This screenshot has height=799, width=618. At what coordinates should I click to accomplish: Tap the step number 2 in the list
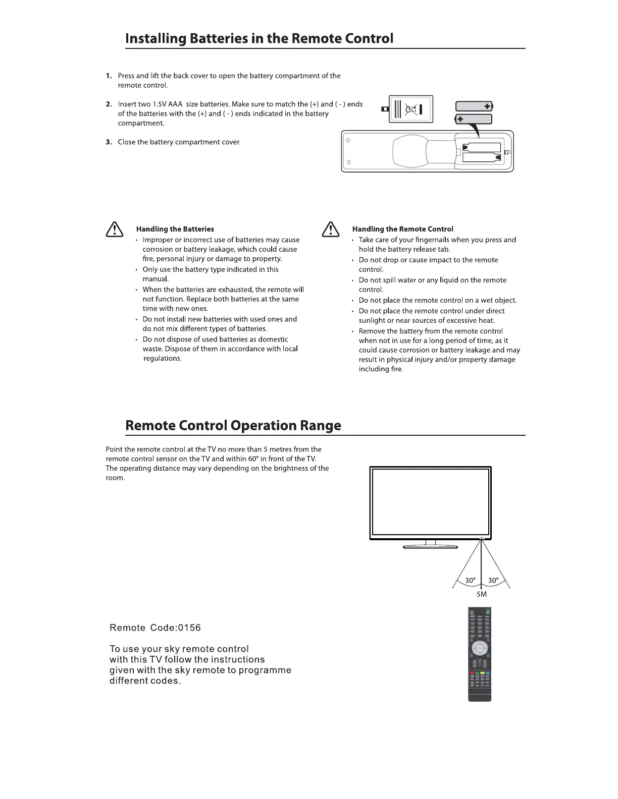[109, 104]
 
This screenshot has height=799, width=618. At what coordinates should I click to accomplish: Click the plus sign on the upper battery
[487, 106]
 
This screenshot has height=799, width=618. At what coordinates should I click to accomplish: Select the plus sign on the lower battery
[460, 120]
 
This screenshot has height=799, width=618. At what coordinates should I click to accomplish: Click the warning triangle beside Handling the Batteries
[115, 230]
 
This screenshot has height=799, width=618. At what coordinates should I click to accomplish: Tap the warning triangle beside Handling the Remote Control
[330, 230]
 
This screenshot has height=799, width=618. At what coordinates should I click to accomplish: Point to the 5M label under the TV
[482, 594]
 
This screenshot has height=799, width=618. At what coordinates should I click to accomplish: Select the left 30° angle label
[470, 581]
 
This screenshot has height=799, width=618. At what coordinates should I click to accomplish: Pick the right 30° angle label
[493, 581]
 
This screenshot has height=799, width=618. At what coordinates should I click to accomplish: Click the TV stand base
[430, 547]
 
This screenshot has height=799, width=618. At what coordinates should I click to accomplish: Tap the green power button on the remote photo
[488, 612]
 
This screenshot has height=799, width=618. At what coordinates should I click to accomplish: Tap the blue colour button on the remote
[488, 674]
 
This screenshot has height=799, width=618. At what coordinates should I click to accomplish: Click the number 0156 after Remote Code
[185, 628]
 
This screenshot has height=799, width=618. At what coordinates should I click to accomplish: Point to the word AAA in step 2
[175, 104]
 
